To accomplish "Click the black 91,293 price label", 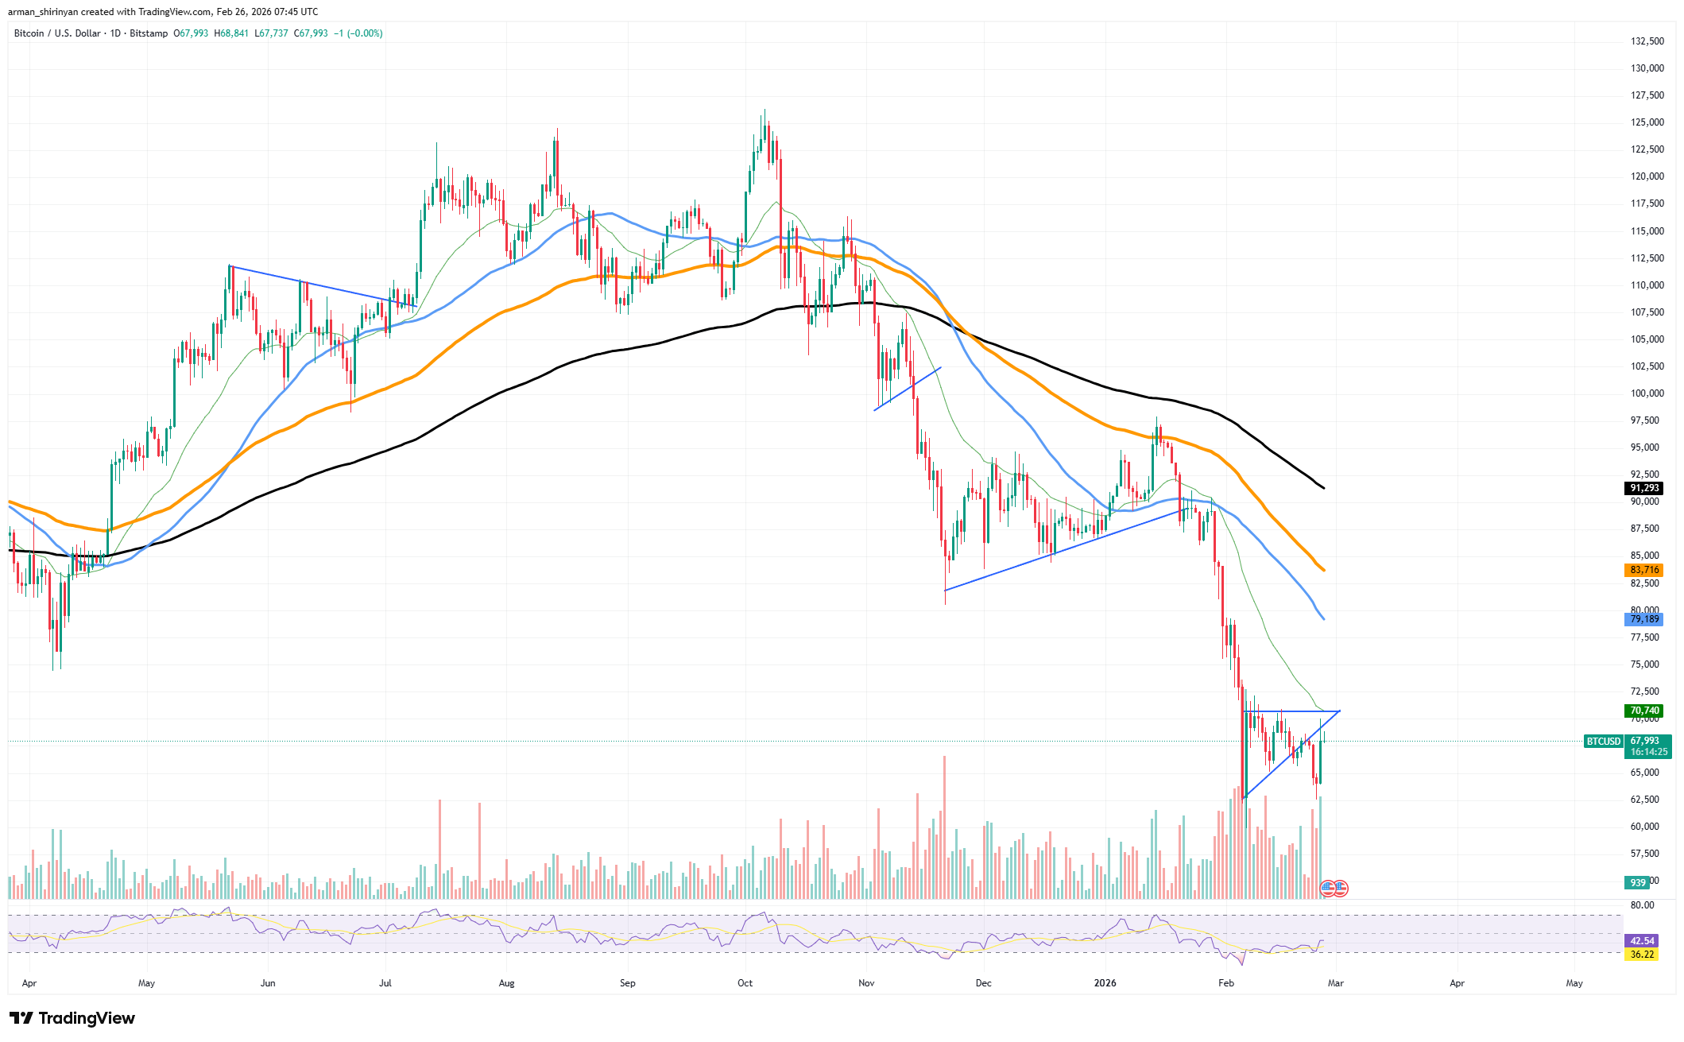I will (x=1644, y=488).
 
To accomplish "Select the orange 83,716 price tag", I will (x=1644, y=570).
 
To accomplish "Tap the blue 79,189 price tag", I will (x=1644, y=619).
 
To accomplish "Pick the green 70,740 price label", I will (x=1644, y=711).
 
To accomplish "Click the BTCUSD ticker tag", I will (x=1603, y=742).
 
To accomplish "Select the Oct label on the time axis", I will (x=745, y=983).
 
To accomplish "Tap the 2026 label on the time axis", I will (x=1105, y=983).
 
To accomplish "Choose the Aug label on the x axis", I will (x=506, y=983).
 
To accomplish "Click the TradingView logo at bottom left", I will (x=72, y=1018).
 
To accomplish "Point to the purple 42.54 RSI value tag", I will (x=1642, y=941).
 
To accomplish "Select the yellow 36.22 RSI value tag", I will (x=1642, y=955).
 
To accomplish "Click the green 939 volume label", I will (x=1638, y=883).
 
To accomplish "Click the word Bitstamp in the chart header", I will (x=149, y=33).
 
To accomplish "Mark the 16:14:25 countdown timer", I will (x=1649, y=752).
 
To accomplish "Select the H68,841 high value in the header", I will (x=231, y=33).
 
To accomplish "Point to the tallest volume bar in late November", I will (x=944, y=827).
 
